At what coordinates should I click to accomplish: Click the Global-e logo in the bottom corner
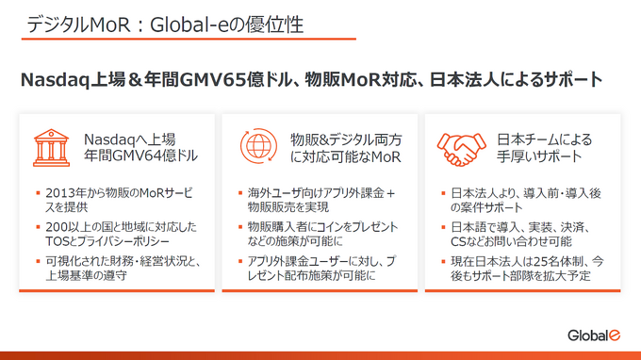[x=593, y=335]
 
